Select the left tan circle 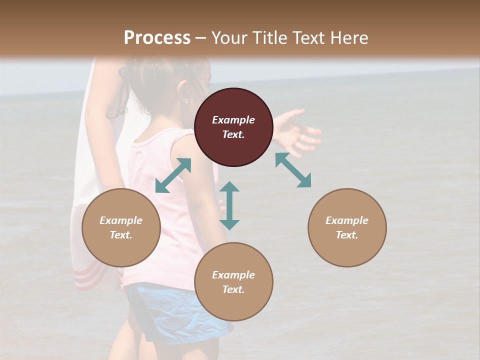pyautogui.click(x=121, y=227)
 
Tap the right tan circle pyautogui.click(x=346, y=227)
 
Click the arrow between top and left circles pyautogui.click(x=173, y=175)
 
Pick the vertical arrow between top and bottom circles pyautogui.click(x=229, y=205)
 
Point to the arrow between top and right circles pyautogui.click(x=293, y=170)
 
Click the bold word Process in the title pyautogui.click(x=157, y=37)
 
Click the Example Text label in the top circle pyautogui.click(x=233, y=127)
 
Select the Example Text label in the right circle pyautogui.click(x=346, y=227)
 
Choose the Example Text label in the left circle pyautogui.click(x=121, y=227)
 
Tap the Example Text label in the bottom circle pyautogui.click(x=233, y=282)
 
